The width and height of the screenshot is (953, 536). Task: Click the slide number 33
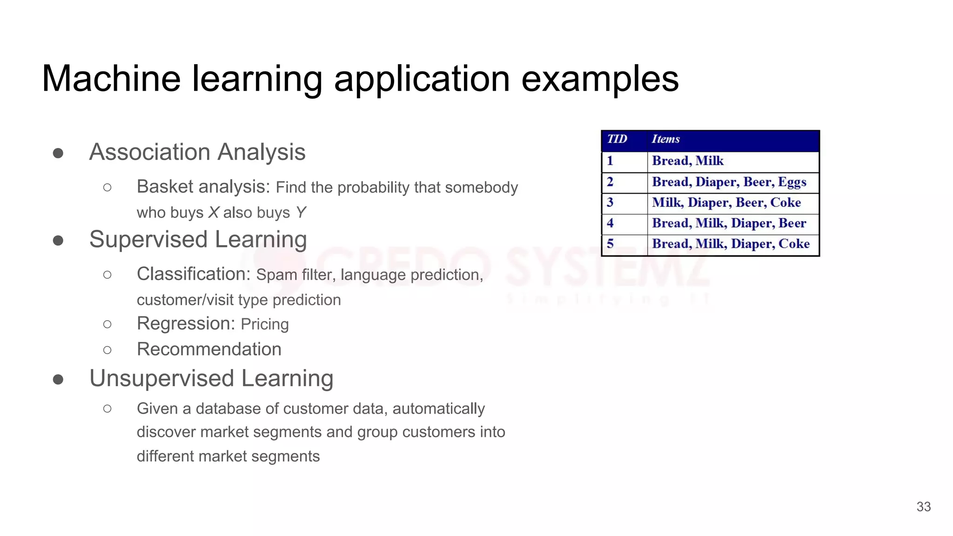coord(923,507)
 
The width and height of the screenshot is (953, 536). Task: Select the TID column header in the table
coord(617,139)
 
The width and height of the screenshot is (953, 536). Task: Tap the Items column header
coord(665,139)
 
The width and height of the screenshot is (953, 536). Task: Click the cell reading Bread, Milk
coord(687,161)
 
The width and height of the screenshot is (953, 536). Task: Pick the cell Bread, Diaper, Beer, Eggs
coord(729,182)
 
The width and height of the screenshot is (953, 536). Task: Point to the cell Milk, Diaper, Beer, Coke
coord(726,203)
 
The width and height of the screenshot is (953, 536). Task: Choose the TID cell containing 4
coord(610,223)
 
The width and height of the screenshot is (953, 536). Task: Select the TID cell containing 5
coord(610,244)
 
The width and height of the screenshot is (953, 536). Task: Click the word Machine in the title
coord(111,79)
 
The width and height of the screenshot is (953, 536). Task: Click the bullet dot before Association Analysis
coord(58,153)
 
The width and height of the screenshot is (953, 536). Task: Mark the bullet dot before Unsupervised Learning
coord(58,379)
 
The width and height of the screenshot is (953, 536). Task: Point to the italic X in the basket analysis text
coord(214,213)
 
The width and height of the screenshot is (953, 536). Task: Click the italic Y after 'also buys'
coord(301,213)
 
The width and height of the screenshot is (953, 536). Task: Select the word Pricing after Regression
coord(265,324)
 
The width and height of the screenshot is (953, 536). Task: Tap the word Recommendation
coord(209,349)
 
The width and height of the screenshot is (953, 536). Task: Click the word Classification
coord(194,274)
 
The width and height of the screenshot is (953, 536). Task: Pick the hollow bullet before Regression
coord(107,324)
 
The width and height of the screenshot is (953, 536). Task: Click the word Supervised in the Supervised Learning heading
coord(148,240)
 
